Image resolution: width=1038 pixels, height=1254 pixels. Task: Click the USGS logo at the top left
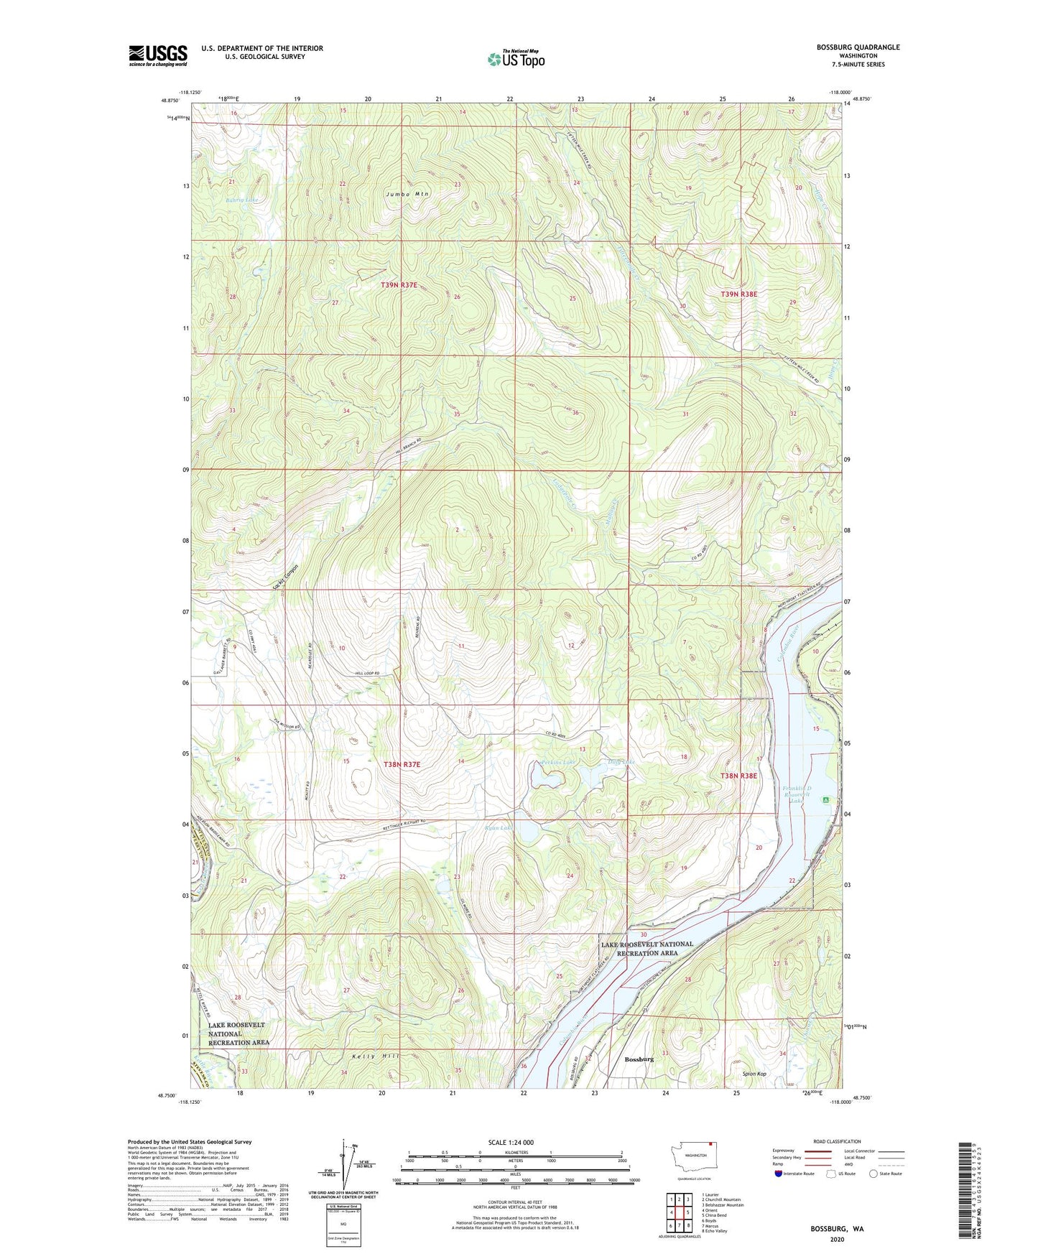(158, 55)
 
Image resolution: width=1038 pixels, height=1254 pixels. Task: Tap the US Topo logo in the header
(516, 58)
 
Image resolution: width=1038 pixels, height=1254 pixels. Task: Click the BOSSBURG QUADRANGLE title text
(858, 47)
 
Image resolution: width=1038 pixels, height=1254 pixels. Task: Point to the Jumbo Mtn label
(407, 194)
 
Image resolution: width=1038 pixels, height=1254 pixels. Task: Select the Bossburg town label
(639, 1059)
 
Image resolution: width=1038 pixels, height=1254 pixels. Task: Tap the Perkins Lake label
(557, 761)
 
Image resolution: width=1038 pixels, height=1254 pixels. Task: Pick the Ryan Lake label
(499, 828)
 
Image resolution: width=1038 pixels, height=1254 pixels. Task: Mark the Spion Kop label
(754, 1074)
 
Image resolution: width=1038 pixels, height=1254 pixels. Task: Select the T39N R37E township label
(399, 285)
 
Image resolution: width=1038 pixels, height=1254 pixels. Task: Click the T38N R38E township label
(738, 776)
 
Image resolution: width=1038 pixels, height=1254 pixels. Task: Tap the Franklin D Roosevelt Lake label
(796, 794)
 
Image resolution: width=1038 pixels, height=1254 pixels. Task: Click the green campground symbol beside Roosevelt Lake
(826, 799)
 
